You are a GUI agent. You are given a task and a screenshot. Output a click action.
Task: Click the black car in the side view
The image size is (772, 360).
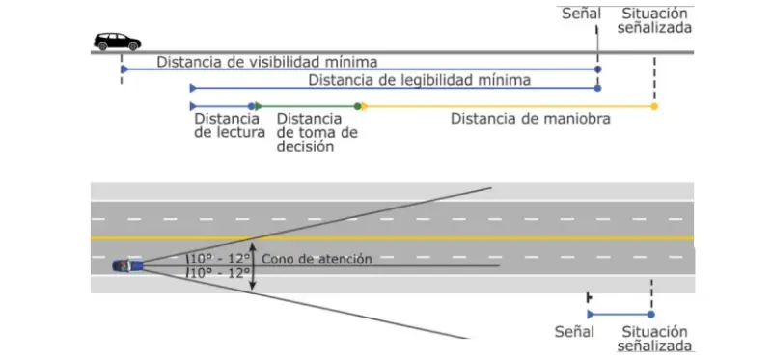click(117, 42)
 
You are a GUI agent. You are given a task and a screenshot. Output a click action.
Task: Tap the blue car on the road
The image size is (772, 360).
click(127, 264)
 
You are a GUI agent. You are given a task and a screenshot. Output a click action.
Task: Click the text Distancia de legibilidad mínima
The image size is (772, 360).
click(420, 79)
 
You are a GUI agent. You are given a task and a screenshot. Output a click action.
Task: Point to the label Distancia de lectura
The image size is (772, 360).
click(229, 125)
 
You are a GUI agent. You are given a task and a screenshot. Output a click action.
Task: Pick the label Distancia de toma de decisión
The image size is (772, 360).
click(317, 132)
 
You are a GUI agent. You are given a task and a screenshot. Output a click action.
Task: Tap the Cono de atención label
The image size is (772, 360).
click(317, 258)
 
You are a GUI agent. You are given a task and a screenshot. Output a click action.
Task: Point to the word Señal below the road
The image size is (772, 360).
click(574, 331)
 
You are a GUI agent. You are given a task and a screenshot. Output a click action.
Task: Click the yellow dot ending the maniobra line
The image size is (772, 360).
click(654, 106)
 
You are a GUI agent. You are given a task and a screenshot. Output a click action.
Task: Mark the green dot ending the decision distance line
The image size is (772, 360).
click(358, 105)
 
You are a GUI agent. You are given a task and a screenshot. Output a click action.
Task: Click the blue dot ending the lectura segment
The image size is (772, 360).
click(252, 105)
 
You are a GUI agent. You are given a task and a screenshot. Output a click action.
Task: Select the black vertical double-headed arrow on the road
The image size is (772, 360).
click(252, 265)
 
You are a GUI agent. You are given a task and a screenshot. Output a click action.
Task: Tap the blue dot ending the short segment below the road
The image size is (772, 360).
click(651, 315)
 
